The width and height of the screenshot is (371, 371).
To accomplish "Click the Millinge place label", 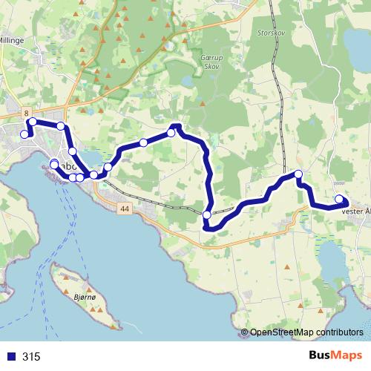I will click(x=13, y=42).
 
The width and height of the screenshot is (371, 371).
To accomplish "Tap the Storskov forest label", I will click(x=288, y=33).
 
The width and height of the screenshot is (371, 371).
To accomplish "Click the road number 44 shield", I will click(x=123, y=210).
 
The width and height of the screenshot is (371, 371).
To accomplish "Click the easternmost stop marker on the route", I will click(x=340, y=199).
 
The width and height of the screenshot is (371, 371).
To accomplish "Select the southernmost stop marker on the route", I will click(x=206, y=215).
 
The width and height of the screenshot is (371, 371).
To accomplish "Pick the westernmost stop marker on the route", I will click(x=24, y=134).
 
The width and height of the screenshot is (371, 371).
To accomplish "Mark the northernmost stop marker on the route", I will click(x=33, y=121).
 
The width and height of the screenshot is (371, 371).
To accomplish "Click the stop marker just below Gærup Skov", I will click(x=171, y=133).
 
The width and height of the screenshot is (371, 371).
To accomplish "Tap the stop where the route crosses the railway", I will click(x=298, y=174).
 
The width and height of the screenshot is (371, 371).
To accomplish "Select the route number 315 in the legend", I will click(x=31, y=356).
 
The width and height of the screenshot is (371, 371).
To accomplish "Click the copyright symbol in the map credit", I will click(x=245, y=332).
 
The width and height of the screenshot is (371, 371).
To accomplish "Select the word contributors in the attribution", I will click(x=338, y=332).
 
